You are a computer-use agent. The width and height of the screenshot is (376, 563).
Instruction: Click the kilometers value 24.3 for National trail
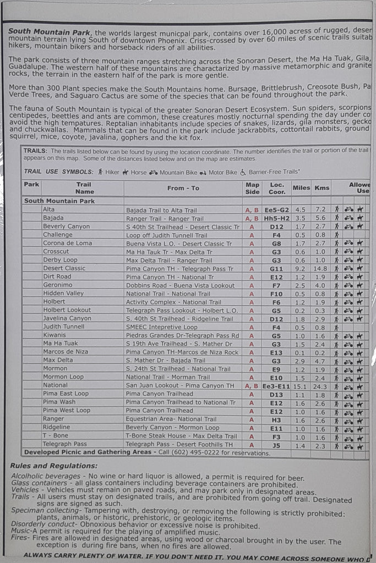point(320,386)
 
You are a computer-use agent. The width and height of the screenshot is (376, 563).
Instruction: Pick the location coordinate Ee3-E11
point(276,386)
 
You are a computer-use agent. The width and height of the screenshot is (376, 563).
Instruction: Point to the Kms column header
point(321,188)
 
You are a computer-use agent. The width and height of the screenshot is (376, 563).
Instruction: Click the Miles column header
point(301,188)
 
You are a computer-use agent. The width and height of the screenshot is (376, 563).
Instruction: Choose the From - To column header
point(183,188)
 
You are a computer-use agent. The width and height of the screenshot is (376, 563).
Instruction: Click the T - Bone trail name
point(55,435)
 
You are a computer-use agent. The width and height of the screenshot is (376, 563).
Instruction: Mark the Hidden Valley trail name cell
point(63,294)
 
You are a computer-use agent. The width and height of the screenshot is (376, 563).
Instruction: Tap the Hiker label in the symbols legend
point(112,172)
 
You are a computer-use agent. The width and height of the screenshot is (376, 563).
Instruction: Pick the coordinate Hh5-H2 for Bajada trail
point(276,218)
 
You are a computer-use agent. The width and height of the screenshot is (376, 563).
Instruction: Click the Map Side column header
point(252,188)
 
